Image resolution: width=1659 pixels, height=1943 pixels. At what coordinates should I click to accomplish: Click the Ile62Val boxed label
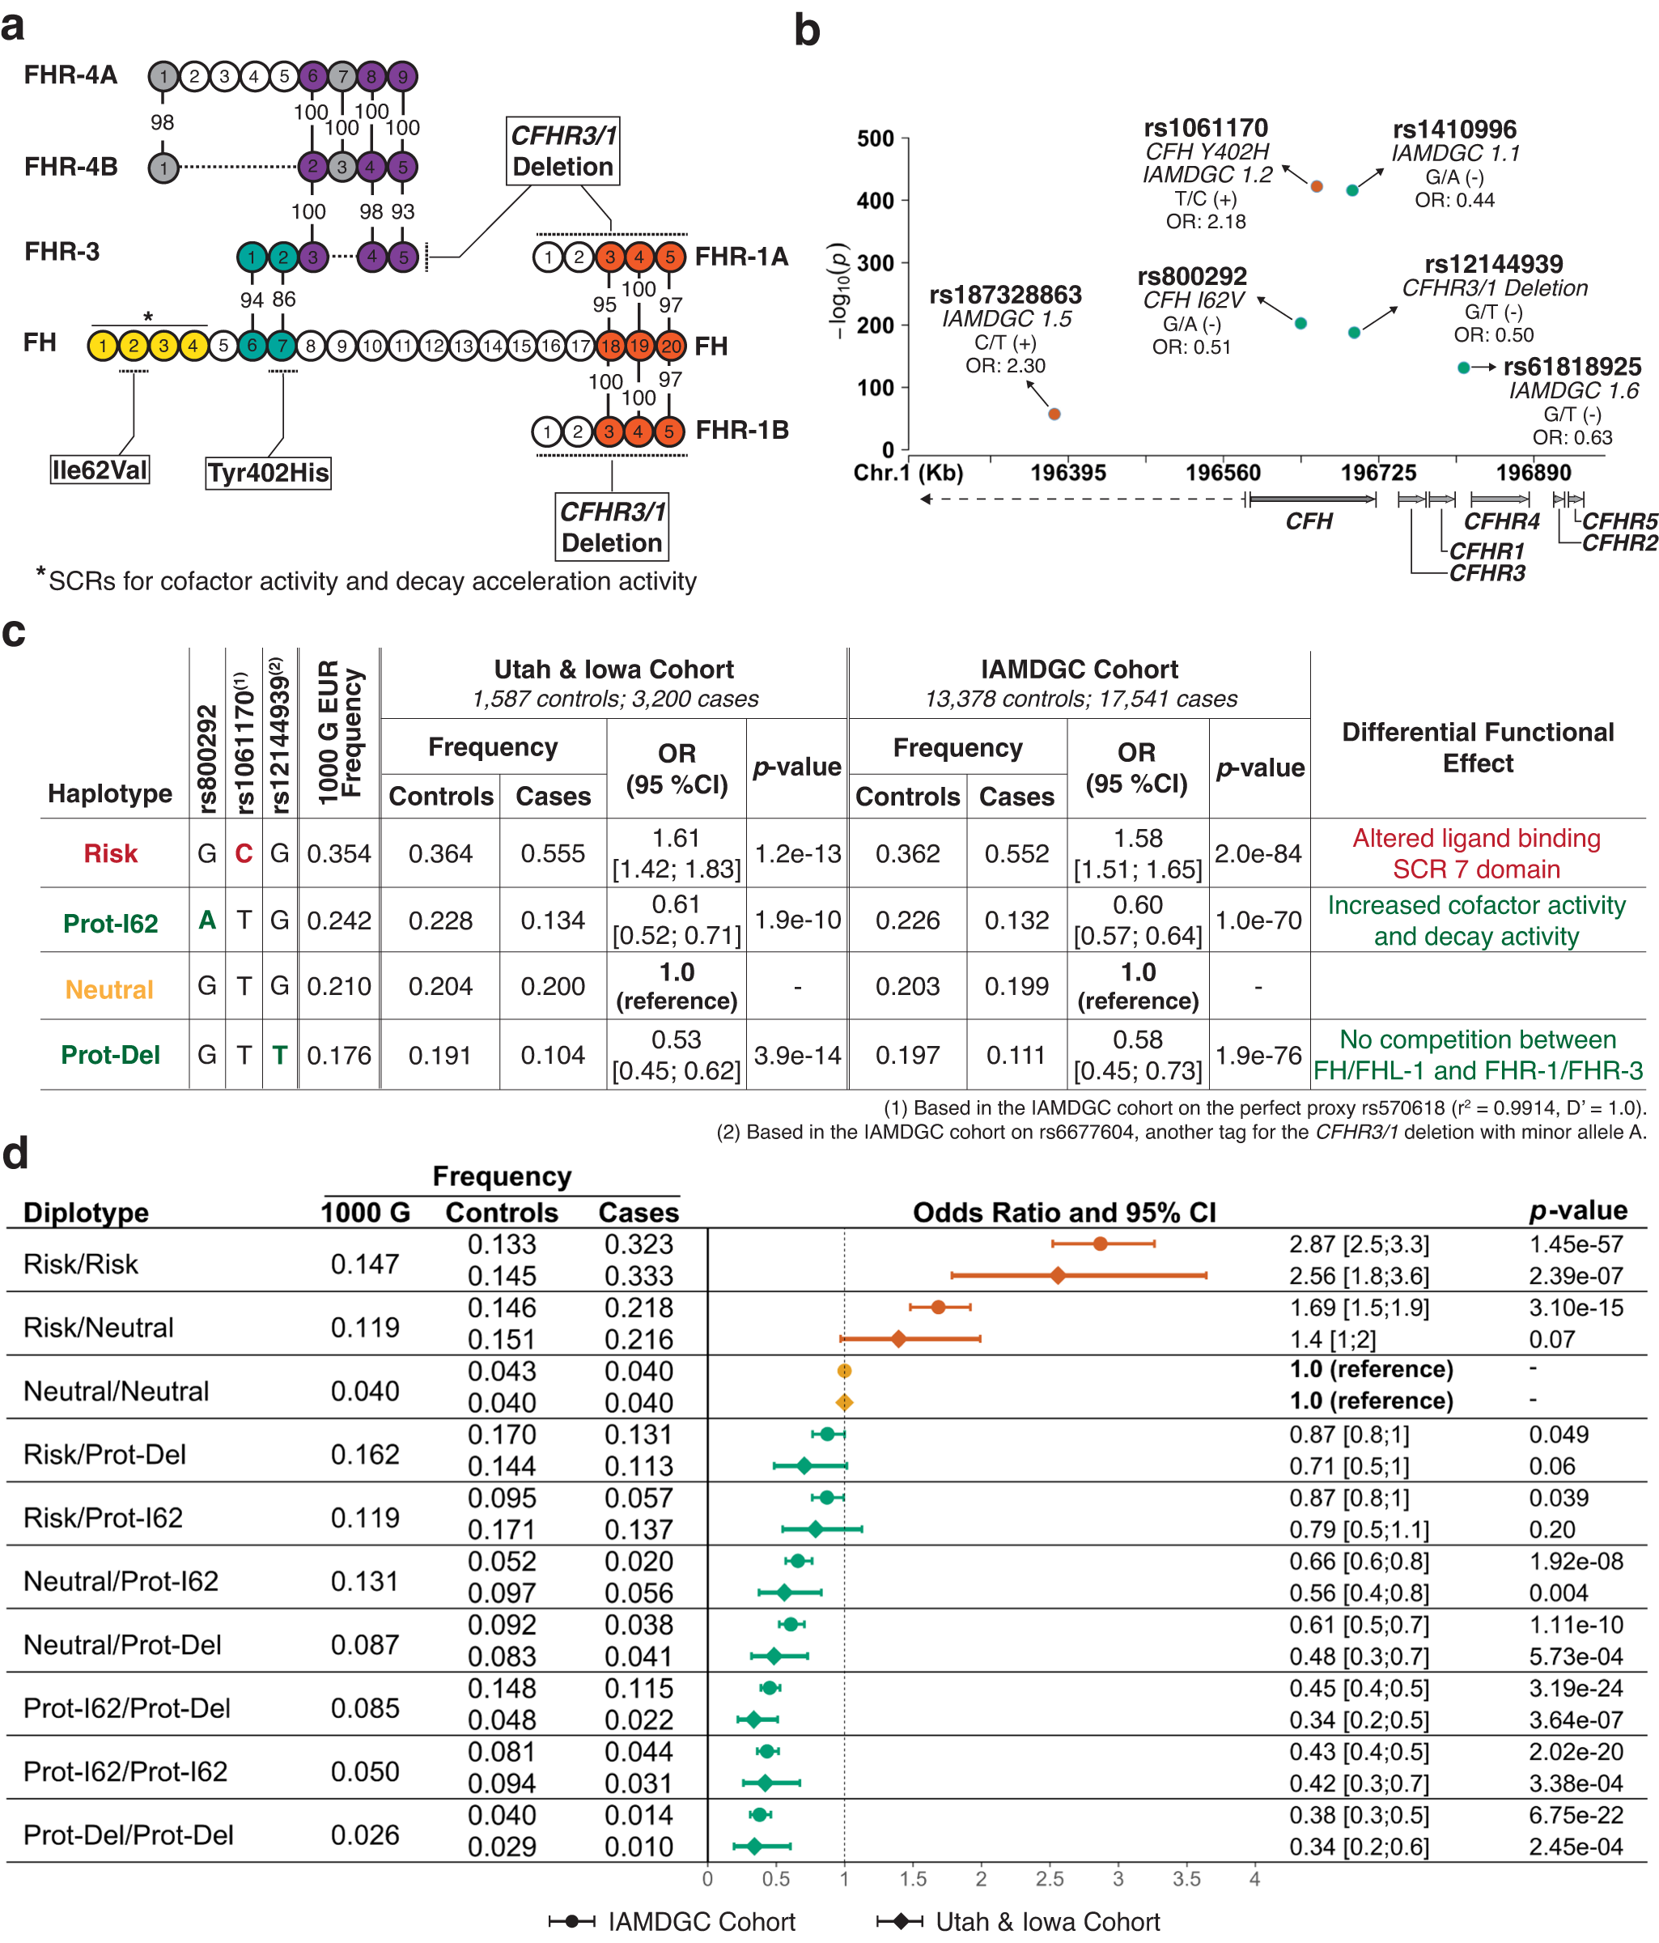pos(100,470)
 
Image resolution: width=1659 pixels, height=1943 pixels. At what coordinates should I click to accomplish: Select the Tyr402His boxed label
pos(268,473)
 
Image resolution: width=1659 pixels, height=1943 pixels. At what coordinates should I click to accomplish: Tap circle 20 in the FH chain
pos(670,345)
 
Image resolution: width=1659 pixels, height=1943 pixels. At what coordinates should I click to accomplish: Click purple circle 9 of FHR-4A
pos(402,76)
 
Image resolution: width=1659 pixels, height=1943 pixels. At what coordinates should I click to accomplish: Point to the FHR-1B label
pos(741,431)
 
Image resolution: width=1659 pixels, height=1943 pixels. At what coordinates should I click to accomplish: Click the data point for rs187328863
pos(1054,414)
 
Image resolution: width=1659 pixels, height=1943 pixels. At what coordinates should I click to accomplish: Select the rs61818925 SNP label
pos(1572,367)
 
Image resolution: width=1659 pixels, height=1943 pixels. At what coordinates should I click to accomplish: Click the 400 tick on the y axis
pos(876,201)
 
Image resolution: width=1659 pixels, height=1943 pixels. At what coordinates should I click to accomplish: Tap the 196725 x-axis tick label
pos(1378,473)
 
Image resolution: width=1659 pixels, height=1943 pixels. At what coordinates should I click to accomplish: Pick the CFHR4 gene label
pos(1501,521)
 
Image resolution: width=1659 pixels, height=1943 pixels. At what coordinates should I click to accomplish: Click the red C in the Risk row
pos(244,853)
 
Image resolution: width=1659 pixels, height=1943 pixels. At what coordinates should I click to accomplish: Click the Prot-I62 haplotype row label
pos(111,924)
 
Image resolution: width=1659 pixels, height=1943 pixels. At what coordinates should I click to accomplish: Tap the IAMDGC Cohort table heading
pos(1079,670)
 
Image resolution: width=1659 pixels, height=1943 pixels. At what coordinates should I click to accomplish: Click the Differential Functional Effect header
pos(1477,747)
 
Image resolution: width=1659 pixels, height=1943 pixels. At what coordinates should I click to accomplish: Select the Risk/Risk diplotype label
pos(81,1264)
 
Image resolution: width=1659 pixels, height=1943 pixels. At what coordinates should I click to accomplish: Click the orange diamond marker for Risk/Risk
pos(1057,1275)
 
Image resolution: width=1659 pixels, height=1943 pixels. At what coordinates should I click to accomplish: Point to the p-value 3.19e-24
pos(1576,1688)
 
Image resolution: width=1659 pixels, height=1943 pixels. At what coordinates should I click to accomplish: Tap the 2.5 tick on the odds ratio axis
pos(1049,1879)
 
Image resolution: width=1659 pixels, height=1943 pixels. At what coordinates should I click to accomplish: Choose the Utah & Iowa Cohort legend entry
pos(1047,1921)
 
